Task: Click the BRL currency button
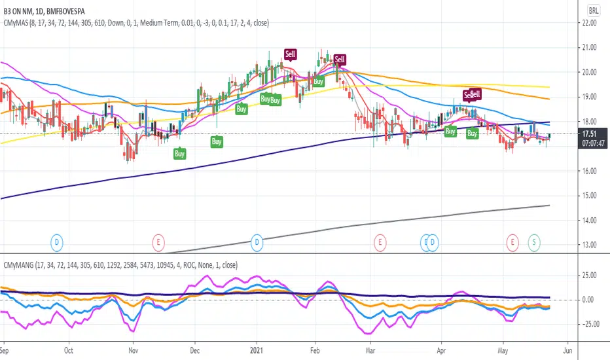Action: (593, 10)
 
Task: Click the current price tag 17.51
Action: (592, 134)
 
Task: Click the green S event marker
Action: (534, 243)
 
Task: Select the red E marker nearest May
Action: (512, 243)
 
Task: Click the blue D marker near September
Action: (58, 243)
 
